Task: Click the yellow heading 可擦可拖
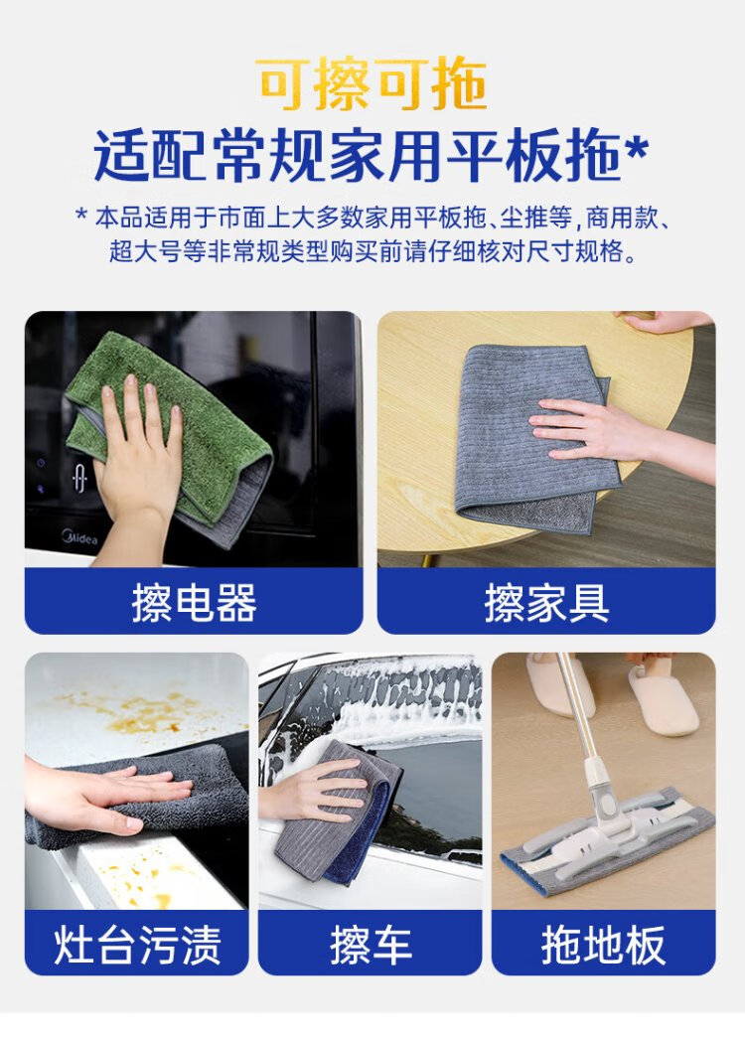(x=372, y=84)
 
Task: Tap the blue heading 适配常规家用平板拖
(x=358, y=157)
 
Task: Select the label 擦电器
(x=194, y=603)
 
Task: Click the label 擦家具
(x=546, y=603)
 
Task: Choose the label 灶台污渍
(x=137, y=945)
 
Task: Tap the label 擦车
(x=371, y=945)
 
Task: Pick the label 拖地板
(x=603, y=945)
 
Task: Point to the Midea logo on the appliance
(x=79, y=537)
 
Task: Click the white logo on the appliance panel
(x=78, y=477)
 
